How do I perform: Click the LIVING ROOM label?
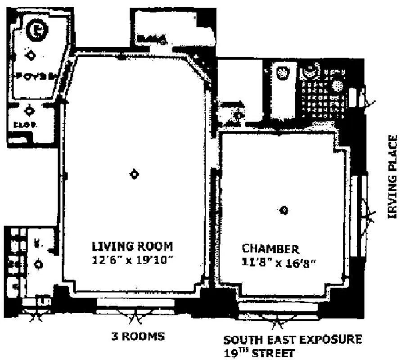[x=132, y=247]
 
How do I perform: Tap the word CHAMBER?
[x=270, y=249]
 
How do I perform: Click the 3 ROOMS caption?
[x=138, y=336]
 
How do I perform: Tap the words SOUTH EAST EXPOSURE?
[x=292, y=339]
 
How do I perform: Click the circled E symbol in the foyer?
[x=34, y=30]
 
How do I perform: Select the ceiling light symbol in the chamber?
[x=284, y=210]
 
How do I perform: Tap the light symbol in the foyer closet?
[x=30, y=110]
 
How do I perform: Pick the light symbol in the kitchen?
[x=39, y=264]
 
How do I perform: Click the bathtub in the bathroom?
[x=283, y=90]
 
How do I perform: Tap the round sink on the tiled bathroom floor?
[x=337, y=85]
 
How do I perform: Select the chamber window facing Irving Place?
[x=360, y=216]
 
